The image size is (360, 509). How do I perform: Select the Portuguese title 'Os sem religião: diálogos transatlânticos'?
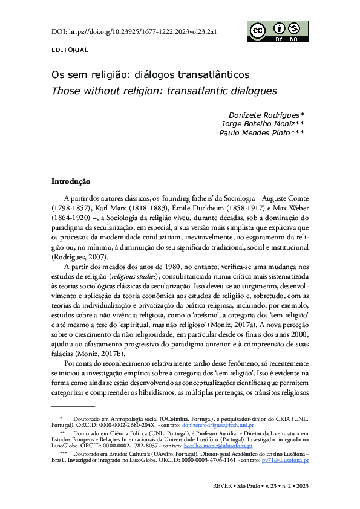click(x=151, y=76)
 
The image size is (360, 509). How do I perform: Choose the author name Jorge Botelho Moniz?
click(x=261, y=124)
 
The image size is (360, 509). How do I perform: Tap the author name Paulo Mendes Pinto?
click(x=261, y=133)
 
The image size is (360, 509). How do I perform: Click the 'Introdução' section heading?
click(x=71, y=181)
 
